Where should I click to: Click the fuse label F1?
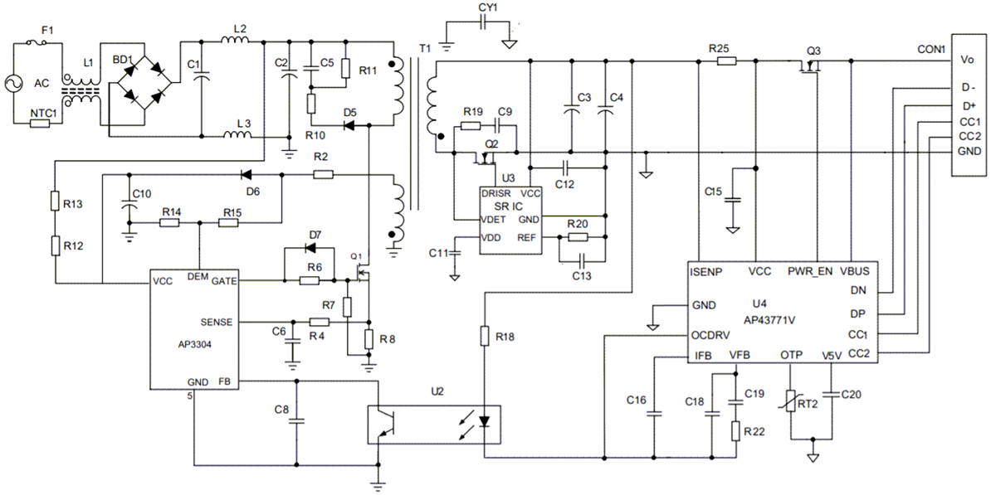pos(46,31)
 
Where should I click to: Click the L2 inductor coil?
pos(240,41)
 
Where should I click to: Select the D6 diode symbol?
pos(246,175)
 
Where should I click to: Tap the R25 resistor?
pos(725,61)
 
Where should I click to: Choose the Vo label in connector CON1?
pos(967,61)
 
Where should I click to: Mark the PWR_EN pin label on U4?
pos(809,270)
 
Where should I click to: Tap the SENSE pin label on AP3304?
pos(217,322)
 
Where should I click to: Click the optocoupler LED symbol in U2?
pos(486,421)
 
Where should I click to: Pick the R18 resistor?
pos(483,336)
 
